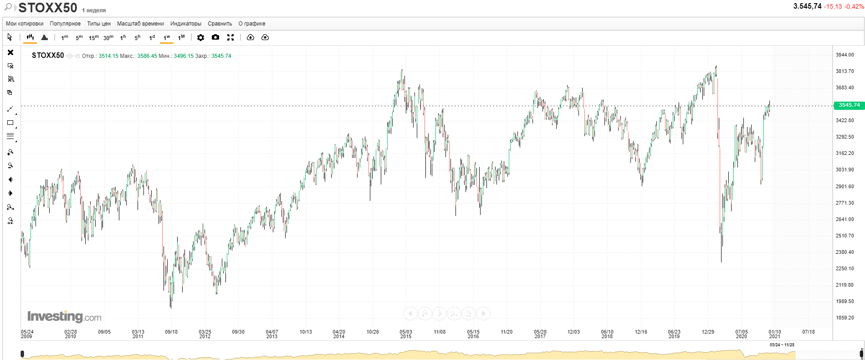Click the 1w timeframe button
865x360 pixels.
click(167, 37)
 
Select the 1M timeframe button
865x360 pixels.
click(181, 37)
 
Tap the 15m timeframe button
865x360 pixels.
click(93, 37)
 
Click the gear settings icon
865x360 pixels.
click(200, 37)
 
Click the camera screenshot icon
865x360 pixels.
click(215, 37)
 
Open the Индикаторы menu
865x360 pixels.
click(186, 24)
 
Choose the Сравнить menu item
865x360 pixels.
click(220, 24)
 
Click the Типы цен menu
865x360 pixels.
click(99, 24)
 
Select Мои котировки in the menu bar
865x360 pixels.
click(25, 24)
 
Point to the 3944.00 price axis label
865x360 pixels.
click(845, 55)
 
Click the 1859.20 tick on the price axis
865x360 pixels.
click(845, 318)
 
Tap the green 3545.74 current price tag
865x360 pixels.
click(849, 105)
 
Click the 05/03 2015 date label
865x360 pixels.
click(405, 334)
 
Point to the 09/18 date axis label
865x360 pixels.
click(171, 332)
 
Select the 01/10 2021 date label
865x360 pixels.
click(774, 334)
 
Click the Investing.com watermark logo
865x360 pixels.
click(64, 316)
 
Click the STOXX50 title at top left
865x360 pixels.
click(48, 8)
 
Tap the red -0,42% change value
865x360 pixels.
click(854, 6)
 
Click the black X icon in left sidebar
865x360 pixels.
click(10, 52)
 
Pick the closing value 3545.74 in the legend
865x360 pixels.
click(221, 56)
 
